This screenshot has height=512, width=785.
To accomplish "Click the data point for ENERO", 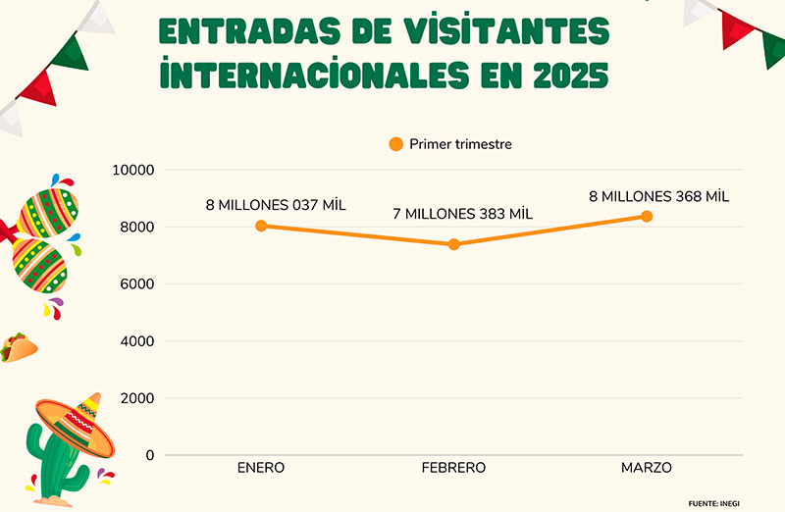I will pyautogui.click(x=261, y=226).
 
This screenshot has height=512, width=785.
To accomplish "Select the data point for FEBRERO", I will pyautogui.click(x=453, y=244).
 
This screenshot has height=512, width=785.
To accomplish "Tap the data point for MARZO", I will pyautogui.click(x=647, y=216).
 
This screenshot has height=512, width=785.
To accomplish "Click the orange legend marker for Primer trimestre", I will pyautogui.click(x=396, y=144).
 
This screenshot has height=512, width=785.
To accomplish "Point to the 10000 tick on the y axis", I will pyautogui.click(x=134, y=170).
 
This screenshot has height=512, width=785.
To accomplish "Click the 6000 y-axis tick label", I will pyautogui.click(x=138, y=283).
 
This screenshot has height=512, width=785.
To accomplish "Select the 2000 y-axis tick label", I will pyautogui.click(x=138, y=398).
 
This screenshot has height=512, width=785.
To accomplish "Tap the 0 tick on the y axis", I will pyautogui.click(x=149, y=455).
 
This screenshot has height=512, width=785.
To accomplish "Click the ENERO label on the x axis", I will pyautogui.click(x=261, y=468).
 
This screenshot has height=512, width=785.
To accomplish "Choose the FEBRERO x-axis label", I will pyautogui.click(x=453, y=468).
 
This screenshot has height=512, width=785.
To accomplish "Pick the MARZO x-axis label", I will pyautogui.click(x=647, y=468).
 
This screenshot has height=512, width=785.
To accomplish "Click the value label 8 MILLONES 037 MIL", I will pyautogui.click(x=276, y=205).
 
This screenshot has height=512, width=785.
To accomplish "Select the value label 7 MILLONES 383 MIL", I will pyautogui.click(x=462, y=214).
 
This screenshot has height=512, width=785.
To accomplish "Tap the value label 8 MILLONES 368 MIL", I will pyautogui.click(x=659, y=196).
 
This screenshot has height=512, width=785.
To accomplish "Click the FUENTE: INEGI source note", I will pyautogui.click(x=713, y=502).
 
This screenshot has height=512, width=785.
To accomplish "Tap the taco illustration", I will pyautogui.click(x=19, y=346).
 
